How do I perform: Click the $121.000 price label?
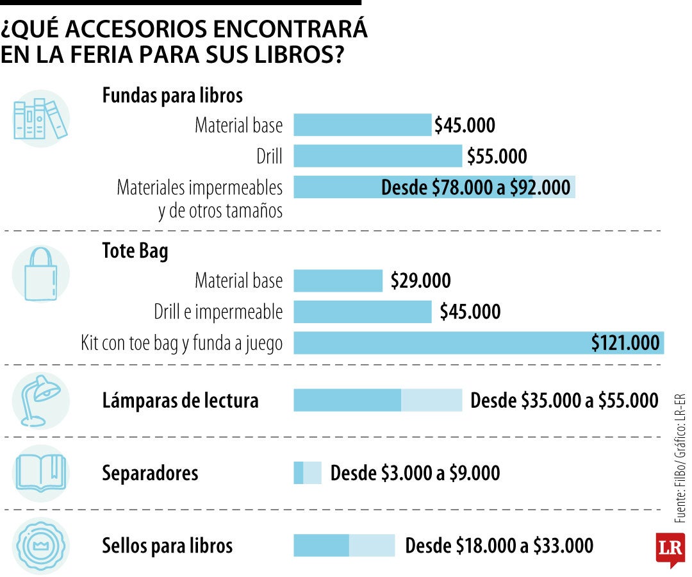point(625,343)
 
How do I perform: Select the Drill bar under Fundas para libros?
point(377,156)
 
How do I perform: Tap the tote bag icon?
point(40,274)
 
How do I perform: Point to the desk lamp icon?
point(40,401)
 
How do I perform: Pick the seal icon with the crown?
point(40,546)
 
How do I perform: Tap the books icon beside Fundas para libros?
point(40,119)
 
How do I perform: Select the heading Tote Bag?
point(135,251)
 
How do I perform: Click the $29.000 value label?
point(420,281)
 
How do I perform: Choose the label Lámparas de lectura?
point(181,401)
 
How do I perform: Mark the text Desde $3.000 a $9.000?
point(415,473)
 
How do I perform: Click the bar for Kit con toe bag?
point(478,343)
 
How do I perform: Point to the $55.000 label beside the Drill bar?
point(497,156)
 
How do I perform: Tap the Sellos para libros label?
point(167,546)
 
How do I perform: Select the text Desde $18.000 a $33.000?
point(499,546)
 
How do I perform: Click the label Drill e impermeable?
point(218,312)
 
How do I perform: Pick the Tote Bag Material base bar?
point(338,281)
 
